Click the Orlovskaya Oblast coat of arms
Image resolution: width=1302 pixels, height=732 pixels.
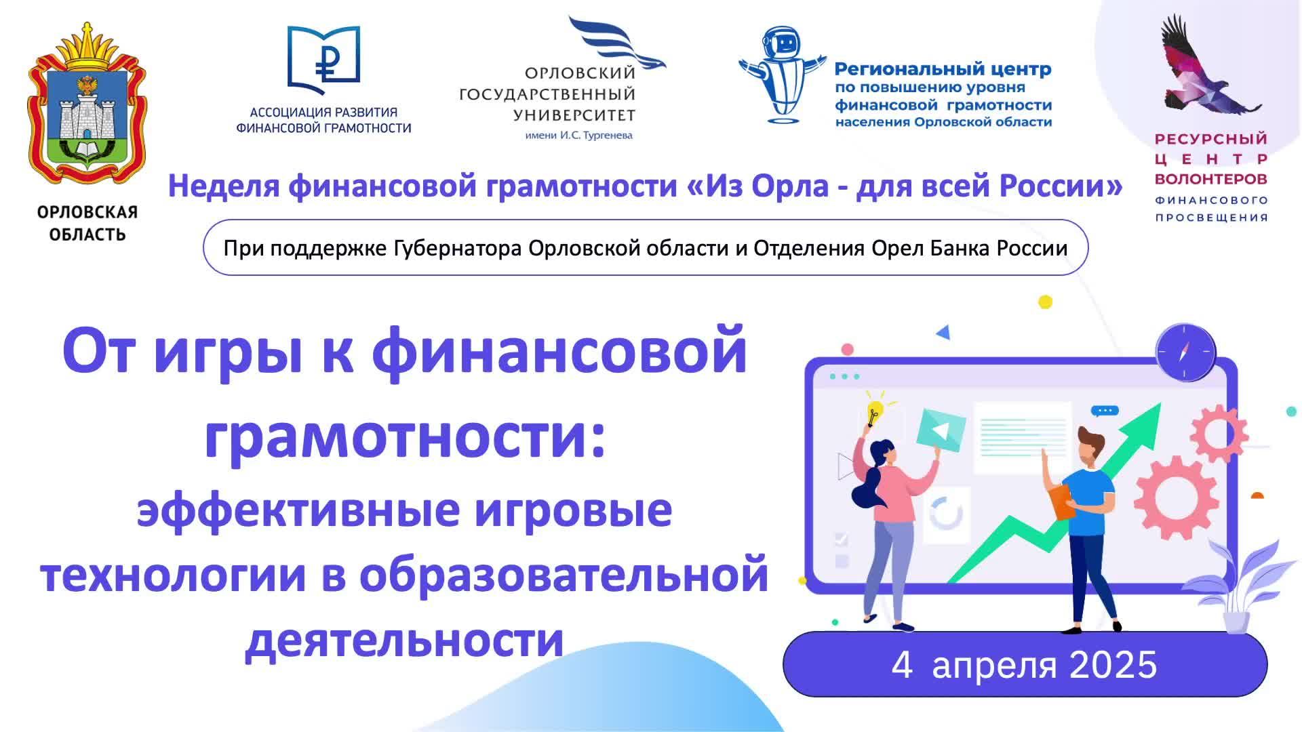pyautogui.click(x=87, y=108)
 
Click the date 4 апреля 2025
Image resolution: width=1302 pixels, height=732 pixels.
pyautogui.click(x=1024, y=665)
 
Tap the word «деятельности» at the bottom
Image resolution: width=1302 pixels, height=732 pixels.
pyautogui.click(x=404, y=638)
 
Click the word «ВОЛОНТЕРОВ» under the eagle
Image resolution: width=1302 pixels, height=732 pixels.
pyautogui.click(x=1210, y=179)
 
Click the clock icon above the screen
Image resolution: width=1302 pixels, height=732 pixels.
pyautogui.click(x=1185, y=352)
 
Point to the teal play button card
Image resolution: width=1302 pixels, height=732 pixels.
pyautogui.click(x=940, y=430)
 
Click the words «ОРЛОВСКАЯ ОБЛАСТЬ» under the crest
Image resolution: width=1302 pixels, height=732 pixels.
pyautogui.click(x=87, y=223)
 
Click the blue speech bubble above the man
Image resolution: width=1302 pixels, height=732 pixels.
pyautogui.click(x=1104, y=411)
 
